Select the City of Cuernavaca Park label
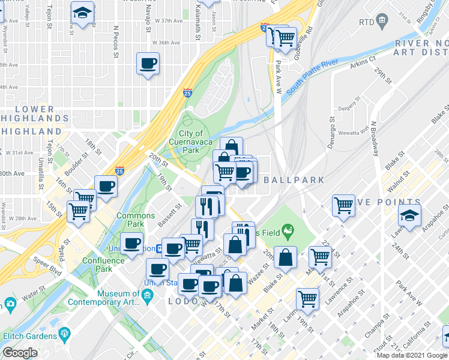(x=191, y=142)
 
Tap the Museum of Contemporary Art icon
(x=148, y=296)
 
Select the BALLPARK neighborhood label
(x=293, y=180)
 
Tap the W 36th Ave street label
(x=166, y=43)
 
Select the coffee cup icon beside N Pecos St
(x=148, y=63)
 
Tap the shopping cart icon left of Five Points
(x=343, y=205)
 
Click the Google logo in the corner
(x=20, y=353)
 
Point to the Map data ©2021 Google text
(x=412, y=355)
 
